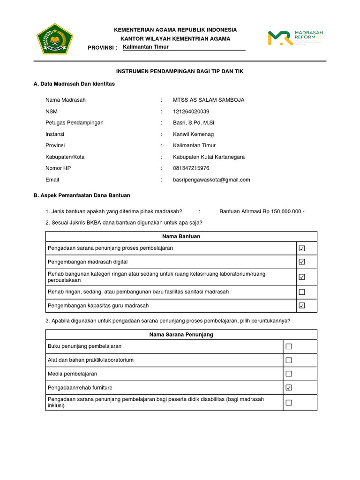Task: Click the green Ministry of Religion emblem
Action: (55, 39)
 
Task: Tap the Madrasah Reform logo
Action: (295, 38)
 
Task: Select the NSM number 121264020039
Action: (191, 112)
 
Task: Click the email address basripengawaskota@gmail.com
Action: (211, 180)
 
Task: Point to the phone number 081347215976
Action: (191, 168)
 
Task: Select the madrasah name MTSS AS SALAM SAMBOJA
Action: (209, 100)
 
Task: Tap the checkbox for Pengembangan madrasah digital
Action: (302, 262)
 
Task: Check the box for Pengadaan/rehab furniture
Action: (289, 388)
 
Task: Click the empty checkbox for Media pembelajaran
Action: (289, 374)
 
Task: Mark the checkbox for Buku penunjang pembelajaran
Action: (289, 346)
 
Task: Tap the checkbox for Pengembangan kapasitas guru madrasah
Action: (302, 306)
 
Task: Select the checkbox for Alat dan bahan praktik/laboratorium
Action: (289, 360)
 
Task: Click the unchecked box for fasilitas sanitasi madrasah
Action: (302, 292)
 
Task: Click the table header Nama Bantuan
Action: (181, 236)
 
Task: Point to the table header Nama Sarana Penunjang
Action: (181, 335)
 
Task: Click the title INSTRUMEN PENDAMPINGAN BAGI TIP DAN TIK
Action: (180, 71)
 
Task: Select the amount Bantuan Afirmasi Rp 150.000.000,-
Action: (262, 211)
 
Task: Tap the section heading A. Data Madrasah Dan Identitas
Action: (74, 84)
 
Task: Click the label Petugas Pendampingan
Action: (75, 123)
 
